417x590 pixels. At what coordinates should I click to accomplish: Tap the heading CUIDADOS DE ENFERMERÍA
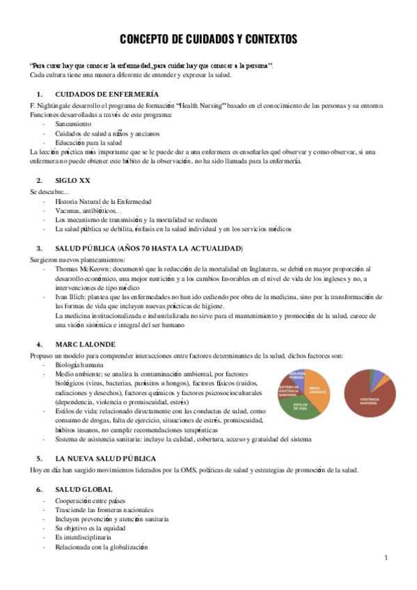pyautogui.click(x=107, y=93)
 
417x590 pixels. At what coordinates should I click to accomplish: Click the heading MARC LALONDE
pyautogui.click(x=85, y=343)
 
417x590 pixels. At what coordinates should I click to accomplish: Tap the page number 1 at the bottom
pyautogui.click(x=385, y=558)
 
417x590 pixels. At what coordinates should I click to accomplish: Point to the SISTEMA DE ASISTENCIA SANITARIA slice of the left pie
pyautogui.click(x=288, y=390)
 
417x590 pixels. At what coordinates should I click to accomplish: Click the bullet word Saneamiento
pyautogui.click(x=72, y=123)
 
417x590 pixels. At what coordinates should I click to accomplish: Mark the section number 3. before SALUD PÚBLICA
pyautogui.click(x=39, y=248)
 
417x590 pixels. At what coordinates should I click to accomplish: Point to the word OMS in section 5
pyautogui.click(x=179, y=470)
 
